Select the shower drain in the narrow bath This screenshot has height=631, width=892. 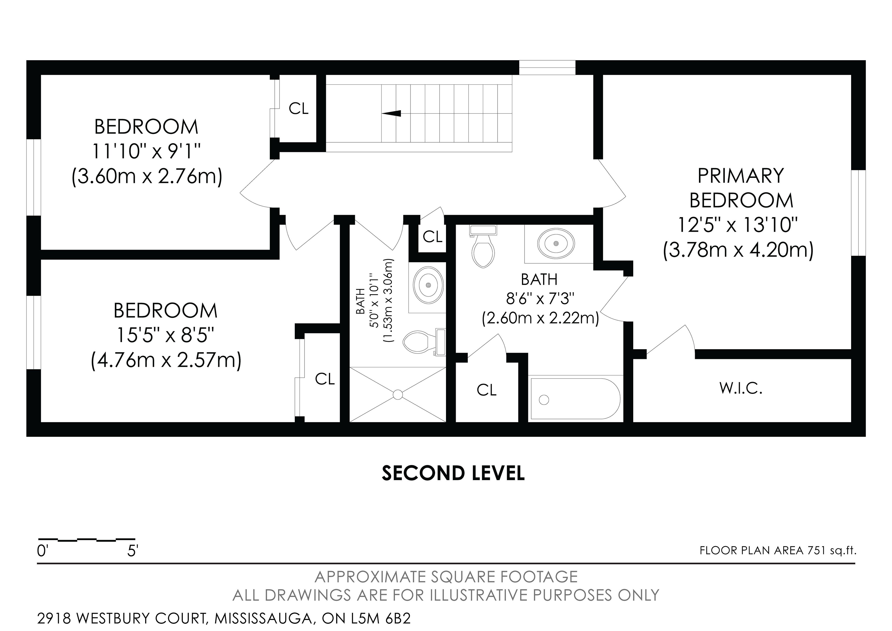pos(397,395)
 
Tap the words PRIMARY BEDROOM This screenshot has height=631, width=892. pos(741,188)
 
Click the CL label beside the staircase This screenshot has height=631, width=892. pos(298,109)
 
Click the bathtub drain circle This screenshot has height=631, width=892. pos(544,399)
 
